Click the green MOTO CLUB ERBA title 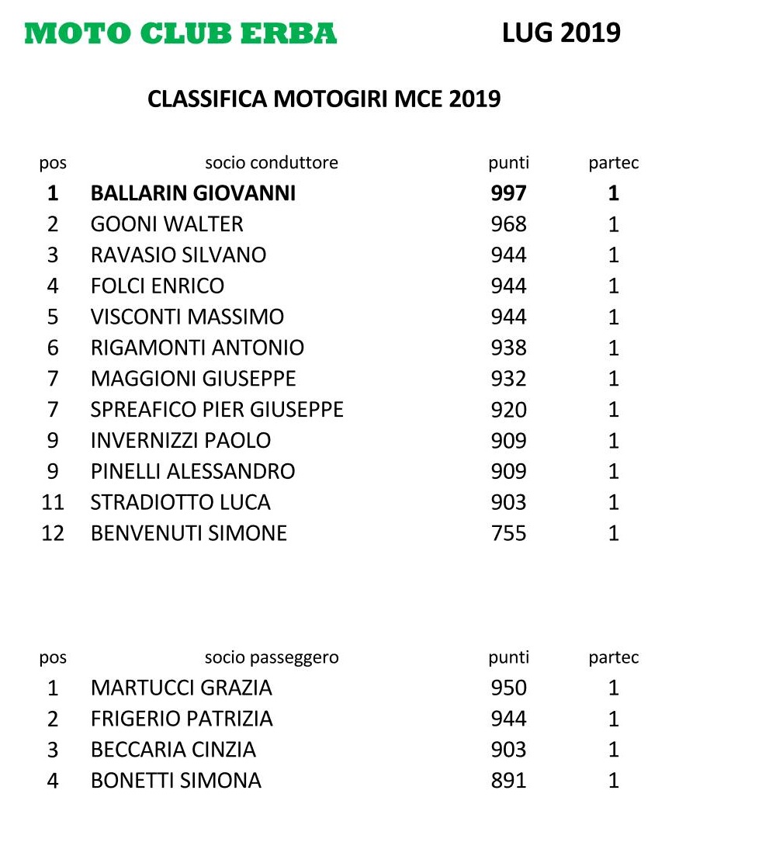pyautogui.click(x=181, y=33)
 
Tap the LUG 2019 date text pyautogui.click(x=561, y=33)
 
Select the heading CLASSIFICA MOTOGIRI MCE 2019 pyautogui.click(x=324, y=99)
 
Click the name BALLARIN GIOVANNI pyautogui.click(x=193, y=193)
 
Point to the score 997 pyautogui.click(x=508, y=193)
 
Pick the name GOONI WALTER pyautogui.click(x=167, y=224)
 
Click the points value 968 pyautogui.click(x=508, y=224)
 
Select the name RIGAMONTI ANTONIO pyautogui.click(x=197, y=348)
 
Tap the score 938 pyautogui.click(x=508, y=348)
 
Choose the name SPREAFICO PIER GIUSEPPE pyautogui.click(x=217, y=410)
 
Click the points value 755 pyautogui.click(x=508, y=533)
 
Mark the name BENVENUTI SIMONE pyautogui.click(x=189, y=533)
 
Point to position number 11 pyautogui.click(x=53, y=502)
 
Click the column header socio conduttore pyautogui.click(x=272, y=163)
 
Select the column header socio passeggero pyautogui.click(x=272, y=658)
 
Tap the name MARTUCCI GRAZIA pyautogui.click(x=182, y=688)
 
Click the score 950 pyautogui.click(x=508, y=688)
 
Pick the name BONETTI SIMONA pyautogui.click(x=176, y=781)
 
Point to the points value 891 pyautogui.click(x=508, y=781)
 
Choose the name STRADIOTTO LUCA pyautogui.click(x=181, y=502)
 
